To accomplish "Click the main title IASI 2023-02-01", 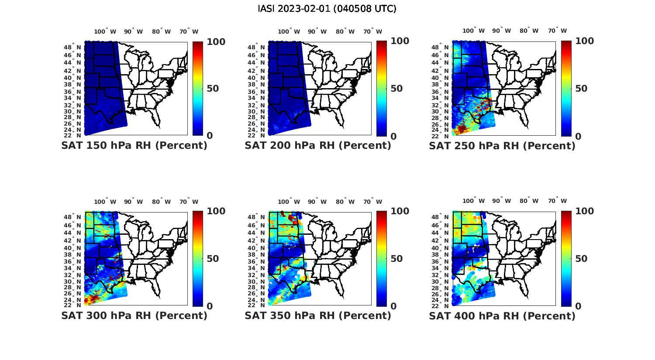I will (x=327, y=9).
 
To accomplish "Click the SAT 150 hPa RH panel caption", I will (x=134, y=146).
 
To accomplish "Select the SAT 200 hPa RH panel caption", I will (x=318, y=146).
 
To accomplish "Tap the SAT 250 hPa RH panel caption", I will (x=502, y=146).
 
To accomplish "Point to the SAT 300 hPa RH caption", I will (x=134, y=315).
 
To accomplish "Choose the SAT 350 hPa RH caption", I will (x=318, y=315).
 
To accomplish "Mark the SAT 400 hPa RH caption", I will (x=502, y=315).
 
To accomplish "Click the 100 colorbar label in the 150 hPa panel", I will (x=216, y=41).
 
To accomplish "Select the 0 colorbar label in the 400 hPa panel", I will (x=578, y=306).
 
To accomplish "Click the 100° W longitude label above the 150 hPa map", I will (x=105, y=31).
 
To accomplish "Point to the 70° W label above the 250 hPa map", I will (x=557, y=31).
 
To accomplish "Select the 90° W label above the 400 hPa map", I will (x=502, y=201).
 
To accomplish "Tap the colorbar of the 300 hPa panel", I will (x=198, y=258).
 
